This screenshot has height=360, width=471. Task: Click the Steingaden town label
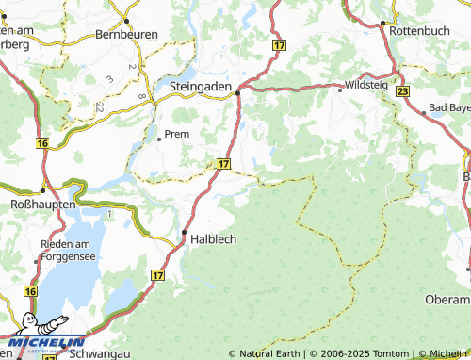click(201, 86)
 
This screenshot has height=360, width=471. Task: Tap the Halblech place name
click(214, 239)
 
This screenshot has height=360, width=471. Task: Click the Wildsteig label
click(365, 84)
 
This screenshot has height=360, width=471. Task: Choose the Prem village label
click(176, 134)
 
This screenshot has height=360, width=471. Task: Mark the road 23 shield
click(402, 90)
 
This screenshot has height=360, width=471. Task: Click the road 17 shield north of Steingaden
click(279, 45)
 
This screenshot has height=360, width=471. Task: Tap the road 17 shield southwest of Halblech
click(156, 273)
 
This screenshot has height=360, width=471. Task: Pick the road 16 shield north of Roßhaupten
click(42, 143)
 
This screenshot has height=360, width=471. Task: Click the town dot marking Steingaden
click(239, 92)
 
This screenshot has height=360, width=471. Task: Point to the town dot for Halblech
click(185, 231)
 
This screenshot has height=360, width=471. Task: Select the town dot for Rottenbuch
click(383, 22)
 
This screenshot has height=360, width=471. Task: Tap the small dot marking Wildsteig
click(340, 90)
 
